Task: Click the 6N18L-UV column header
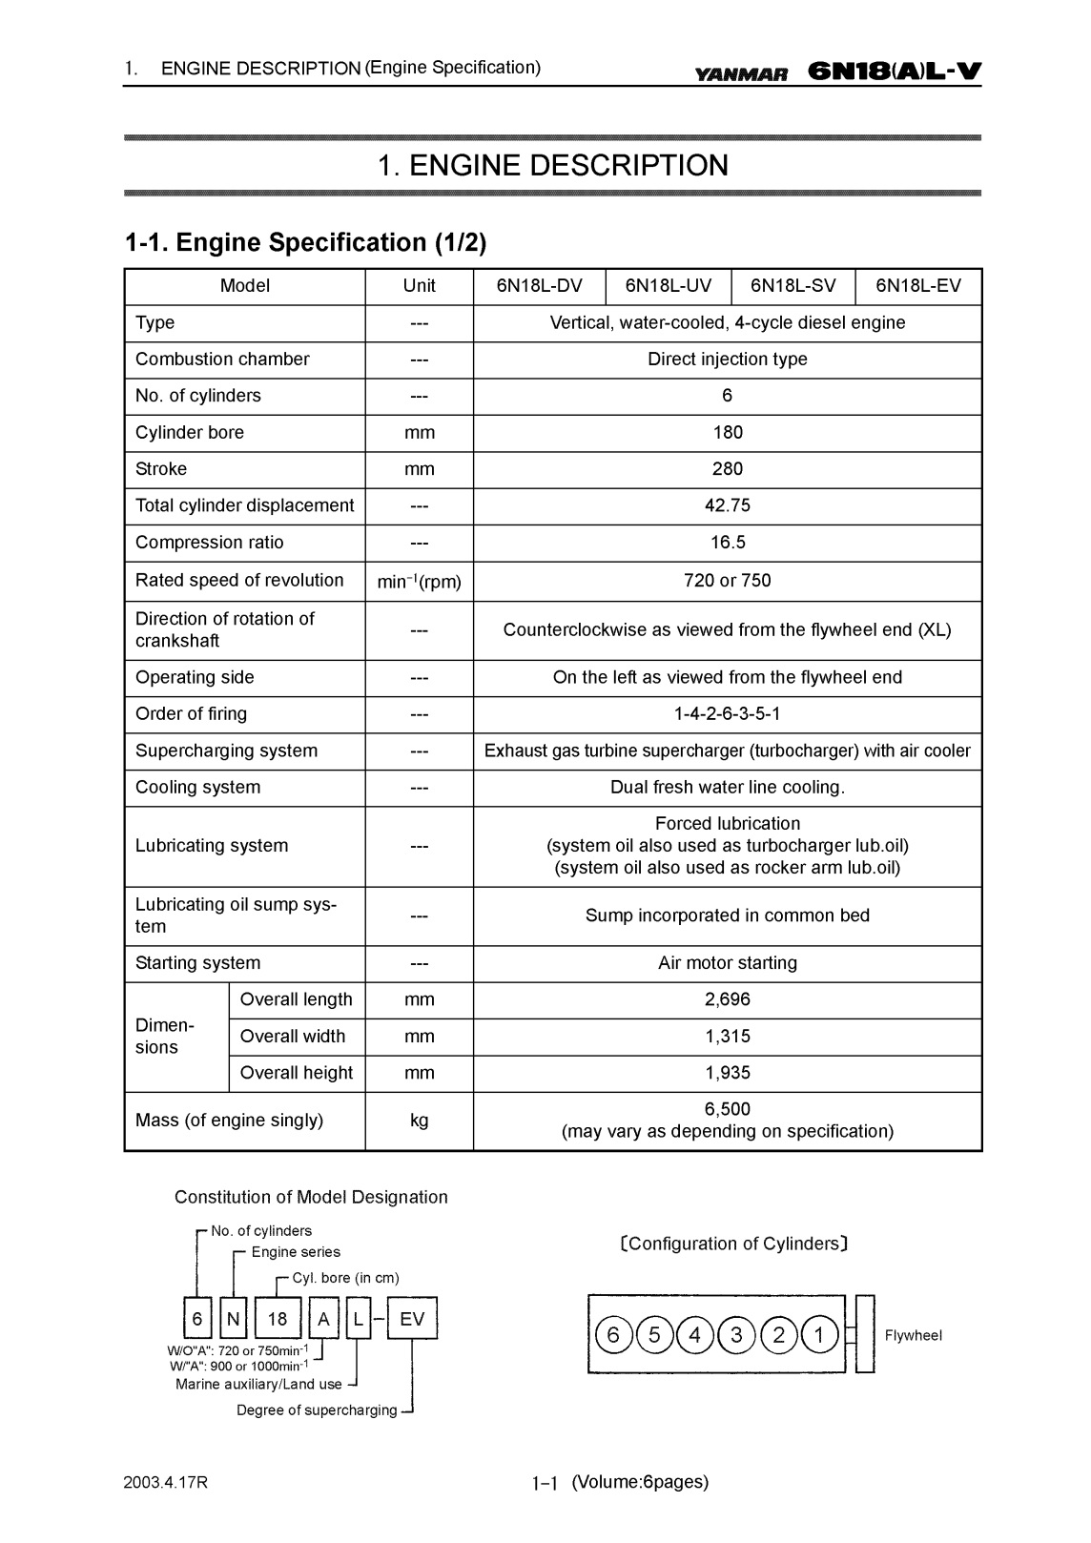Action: (668, 286)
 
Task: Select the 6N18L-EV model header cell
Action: (918, 286)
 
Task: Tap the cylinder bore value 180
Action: (727, 433)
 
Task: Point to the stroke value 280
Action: (727, 469)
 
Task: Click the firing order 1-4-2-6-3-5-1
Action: (727, 714)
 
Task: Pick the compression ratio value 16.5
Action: (727, 543)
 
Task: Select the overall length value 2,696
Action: (727, 999)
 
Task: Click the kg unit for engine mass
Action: (419, 1121)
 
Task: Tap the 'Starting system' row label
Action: (197, 963)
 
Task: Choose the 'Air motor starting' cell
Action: (727, 963)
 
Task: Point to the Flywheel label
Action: (913, 1336)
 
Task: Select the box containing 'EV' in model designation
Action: (412, 1319)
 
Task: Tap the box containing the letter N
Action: (235, 1319)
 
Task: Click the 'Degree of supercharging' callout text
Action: (317, 1410)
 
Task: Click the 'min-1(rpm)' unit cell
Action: (419, 582)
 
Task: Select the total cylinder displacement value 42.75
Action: (727, 505)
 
